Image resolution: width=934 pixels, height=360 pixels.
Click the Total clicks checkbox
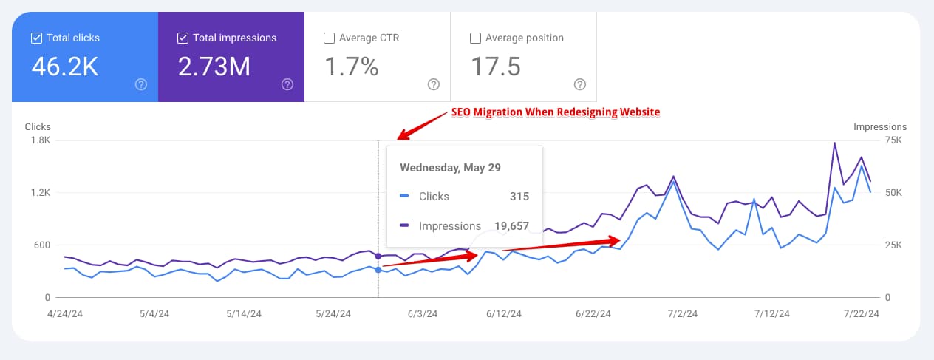click(36, 38)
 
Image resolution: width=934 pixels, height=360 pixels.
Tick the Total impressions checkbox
click(183, 38)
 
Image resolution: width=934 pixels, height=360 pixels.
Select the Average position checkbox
click(475, 38)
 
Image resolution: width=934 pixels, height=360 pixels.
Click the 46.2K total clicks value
click(65, 67)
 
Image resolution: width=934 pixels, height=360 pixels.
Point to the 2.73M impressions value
click(214, 67)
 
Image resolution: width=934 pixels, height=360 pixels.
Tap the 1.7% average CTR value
click(352, 67)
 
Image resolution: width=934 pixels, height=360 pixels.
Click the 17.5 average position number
click(496, 67)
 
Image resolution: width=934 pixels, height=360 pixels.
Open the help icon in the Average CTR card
click(434, 84)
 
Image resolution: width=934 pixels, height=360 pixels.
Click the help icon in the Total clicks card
click(141, 84)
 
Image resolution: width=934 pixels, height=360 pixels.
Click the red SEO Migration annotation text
click(555, 112)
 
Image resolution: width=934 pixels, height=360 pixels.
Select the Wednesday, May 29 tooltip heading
click(450, 167)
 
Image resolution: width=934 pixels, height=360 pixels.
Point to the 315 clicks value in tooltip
click(519, 197)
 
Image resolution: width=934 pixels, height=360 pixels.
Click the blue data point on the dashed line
click(378, 270)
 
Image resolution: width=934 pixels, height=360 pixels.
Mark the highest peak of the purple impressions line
click(834, 143)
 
